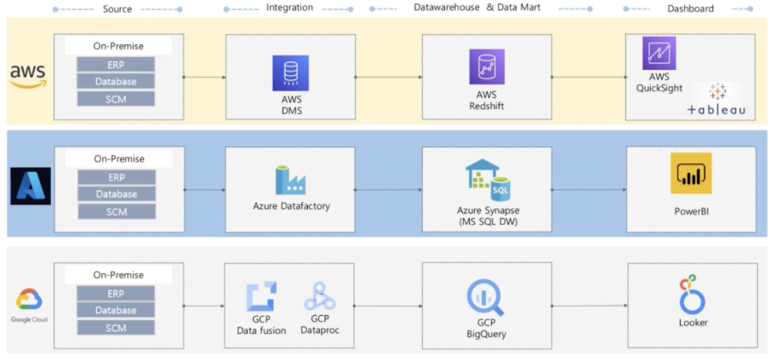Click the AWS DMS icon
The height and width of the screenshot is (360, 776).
tap(290, 73)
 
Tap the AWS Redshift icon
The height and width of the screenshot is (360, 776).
tap(486, 67)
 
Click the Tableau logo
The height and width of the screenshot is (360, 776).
tap(717, 100)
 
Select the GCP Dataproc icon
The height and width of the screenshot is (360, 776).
tap(320, 295)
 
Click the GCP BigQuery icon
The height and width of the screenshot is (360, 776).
tap(486, 299)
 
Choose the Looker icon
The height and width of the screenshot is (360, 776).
tap(692, 294)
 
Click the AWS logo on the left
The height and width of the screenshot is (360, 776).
tap(28, 76)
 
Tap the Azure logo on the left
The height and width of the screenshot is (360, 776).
tap(31, 186)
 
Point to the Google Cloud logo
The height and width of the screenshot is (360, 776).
tap(29, 301)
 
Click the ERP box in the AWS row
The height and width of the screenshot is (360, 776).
tap(116, 65)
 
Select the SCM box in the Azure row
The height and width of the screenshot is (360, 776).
tap(116, 211)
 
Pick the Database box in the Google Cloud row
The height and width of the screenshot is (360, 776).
tap(116, 311)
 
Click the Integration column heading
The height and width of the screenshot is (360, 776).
tap(289, 9)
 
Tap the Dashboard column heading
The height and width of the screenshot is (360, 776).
tap(690, 9)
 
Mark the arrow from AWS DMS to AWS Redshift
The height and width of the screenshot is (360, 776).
tap(388, 77)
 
